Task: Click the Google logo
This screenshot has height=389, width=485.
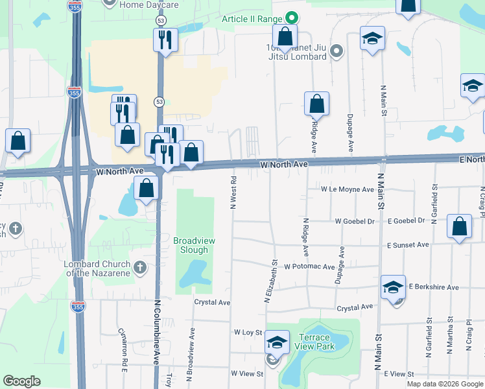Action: pos(21,381)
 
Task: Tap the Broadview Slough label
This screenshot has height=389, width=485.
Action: pos(194,245)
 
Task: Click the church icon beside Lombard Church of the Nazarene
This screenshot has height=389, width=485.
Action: pos(139,267)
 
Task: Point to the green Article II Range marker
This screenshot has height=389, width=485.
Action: pos(292,18)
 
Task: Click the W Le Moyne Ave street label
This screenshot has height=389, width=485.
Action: pos(348,190)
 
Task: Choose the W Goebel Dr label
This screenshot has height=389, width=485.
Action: pos(355,221)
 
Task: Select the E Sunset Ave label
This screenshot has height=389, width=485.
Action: pos(408,246)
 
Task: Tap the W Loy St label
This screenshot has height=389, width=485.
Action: pos(248,333)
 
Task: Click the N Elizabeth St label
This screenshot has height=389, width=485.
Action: pos(270,282)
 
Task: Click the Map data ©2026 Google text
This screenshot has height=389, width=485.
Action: pos(444,384)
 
